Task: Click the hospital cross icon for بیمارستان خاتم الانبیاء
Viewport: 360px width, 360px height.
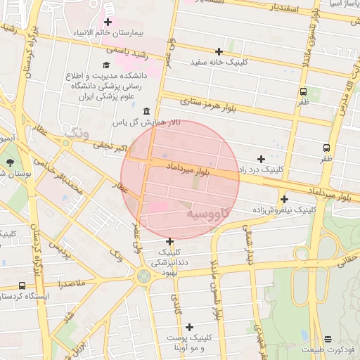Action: [107, 22]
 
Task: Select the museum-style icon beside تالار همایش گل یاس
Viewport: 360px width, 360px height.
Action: [146, 111]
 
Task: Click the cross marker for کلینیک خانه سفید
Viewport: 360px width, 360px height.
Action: [219, 51]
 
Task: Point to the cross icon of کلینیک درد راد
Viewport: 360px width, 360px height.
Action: [261, 159]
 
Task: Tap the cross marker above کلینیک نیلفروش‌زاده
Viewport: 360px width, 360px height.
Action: [284, 199]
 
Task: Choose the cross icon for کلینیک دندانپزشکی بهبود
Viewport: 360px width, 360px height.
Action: [169, 241]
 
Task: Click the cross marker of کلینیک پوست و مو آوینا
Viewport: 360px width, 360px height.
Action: [189, 327]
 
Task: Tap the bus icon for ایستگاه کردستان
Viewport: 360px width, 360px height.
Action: [22, 285]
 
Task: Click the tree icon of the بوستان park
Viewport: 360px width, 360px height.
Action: [9, 162]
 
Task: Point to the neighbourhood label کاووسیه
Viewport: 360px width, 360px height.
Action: [212, 212]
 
